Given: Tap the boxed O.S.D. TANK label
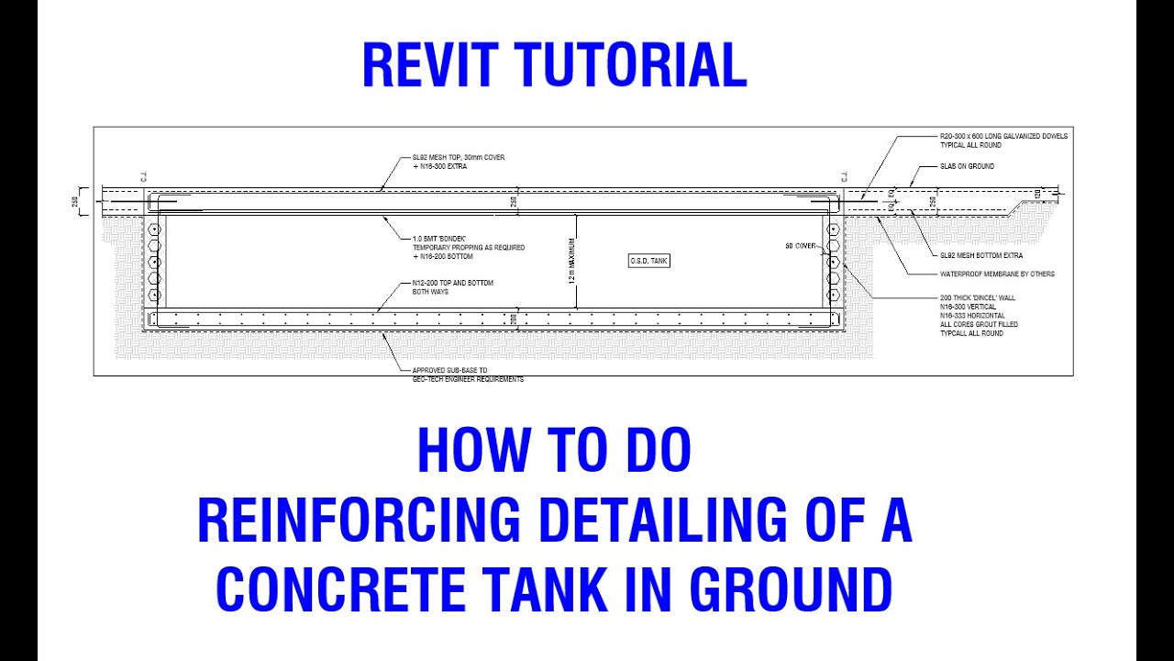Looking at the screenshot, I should tap(648, 261).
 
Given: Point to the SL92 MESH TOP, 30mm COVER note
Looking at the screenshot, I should tap(459, 158).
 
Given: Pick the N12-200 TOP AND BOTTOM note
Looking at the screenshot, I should tap(453, 283).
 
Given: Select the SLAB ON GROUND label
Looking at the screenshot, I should tap(967, 166).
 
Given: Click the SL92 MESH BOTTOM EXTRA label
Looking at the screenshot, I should tap(981, 255).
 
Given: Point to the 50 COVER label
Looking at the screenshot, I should tap(801, 246).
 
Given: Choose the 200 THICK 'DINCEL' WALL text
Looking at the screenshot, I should tap(977, 297).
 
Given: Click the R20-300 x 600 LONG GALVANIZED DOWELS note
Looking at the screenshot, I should tap(1003, 136).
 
